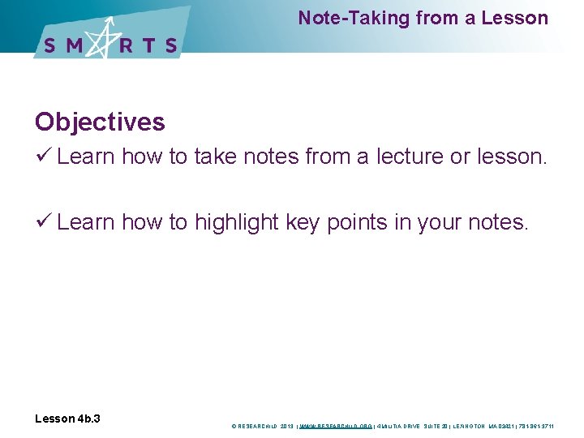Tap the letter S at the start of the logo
pos(50,45)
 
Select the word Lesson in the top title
pos(515,18)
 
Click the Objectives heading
pos(100,122)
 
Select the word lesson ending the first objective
pos(509,156)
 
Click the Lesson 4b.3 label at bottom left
pos(67,419)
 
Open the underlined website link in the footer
pos(336,426)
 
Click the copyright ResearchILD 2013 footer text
pos(264,426)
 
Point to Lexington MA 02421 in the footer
pos(483,426)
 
